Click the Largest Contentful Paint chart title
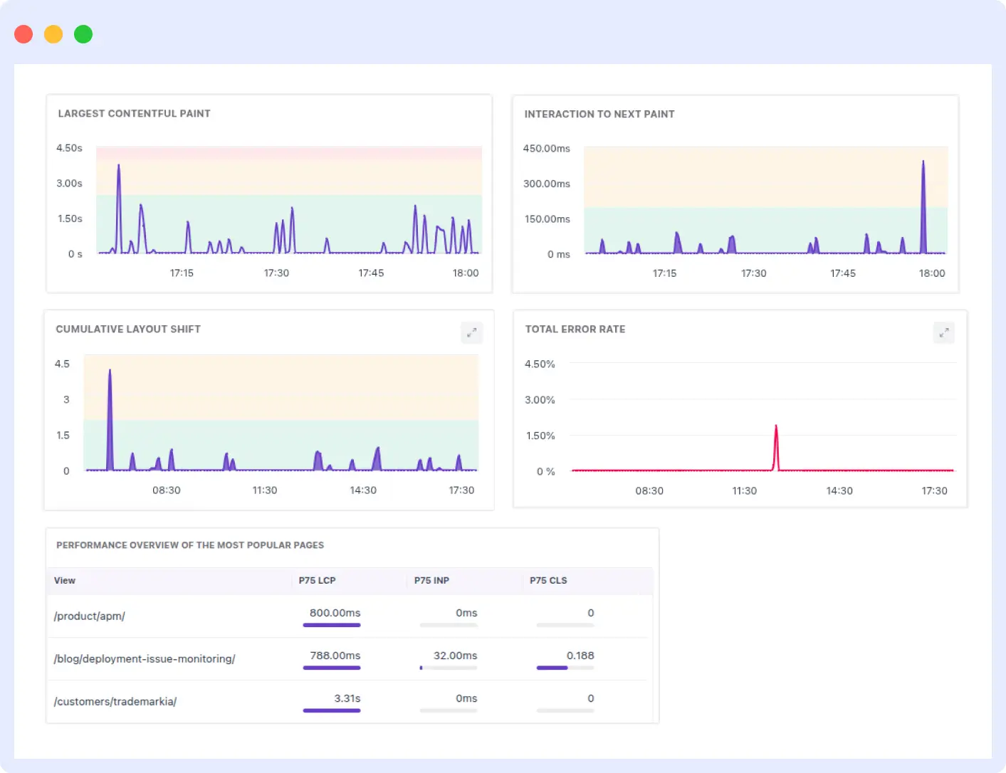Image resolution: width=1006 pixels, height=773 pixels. click(134, 114)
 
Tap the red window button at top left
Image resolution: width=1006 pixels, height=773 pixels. click(23, 34)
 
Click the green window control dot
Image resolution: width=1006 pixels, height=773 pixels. click(83, 34)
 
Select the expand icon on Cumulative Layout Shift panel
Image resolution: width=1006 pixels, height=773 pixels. click(471, 332)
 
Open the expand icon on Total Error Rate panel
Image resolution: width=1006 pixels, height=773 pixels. click(943, 332)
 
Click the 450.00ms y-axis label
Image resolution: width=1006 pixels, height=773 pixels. click(546, 149)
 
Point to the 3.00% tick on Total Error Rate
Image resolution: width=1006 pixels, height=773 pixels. click(540, 400)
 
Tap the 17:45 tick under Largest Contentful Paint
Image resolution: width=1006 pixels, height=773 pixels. click(371, 273)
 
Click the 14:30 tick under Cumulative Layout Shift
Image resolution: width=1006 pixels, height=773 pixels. click(363, 490)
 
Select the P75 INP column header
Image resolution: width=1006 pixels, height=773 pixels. click(431, 581)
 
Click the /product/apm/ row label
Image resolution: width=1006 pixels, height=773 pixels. click(90, 616)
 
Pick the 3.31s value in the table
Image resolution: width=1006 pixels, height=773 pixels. click(347, 698)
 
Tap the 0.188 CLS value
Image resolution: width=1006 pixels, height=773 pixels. click(580, 656)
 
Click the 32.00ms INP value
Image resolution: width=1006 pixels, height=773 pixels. click(455, 656)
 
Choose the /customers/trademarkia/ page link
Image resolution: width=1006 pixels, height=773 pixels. click(115, 702)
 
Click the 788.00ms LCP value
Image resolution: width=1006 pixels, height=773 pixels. click(335, 656)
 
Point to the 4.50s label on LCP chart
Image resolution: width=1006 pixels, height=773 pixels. click(69, 148)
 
